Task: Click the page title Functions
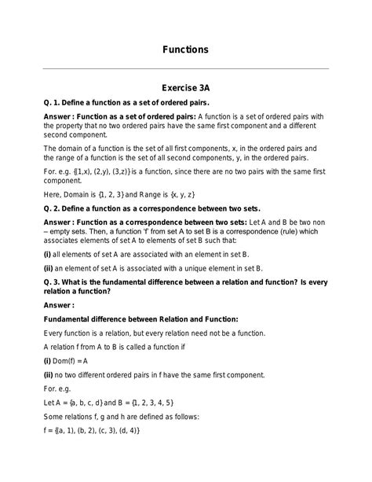(x=185, y=50)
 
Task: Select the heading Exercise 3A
(x=185, y=90)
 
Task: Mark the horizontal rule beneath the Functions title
(x=185, y=69)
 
